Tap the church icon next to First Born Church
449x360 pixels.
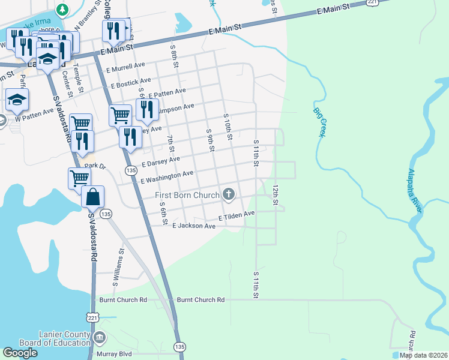(228, 194)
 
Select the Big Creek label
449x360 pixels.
(319, 122)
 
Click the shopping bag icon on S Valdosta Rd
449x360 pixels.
(93, 197)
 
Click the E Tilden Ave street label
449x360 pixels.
(237, 214)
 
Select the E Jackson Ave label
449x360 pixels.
(193, 226)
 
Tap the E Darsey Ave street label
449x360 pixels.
(160, 161)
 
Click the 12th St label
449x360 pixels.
(276, 195)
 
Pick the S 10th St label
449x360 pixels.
(228, 127)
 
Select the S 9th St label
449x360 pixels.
(210, 140)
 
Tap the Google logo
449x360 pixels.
(20, 353)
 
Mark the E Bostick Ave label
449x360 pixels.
(129, 82)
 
